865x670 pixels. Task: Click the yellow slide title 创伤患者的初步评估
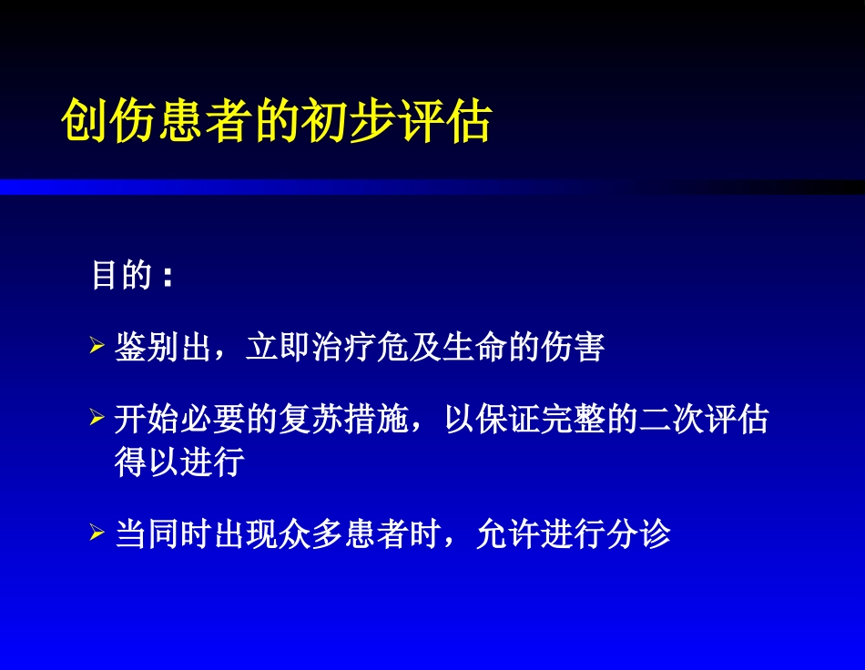(277, 122)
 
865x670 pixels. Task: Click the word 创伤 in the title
(92, 122)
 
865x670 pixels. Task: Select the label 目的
(121, 274)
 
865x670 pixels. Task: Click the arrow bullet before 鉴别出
(97, 347)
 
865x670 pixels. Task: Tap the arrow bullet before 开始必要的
(97, 420)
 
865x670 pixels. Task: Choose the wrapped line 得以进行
(179, 462)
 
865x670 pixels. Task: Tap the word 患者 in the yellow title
(215, 122)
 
